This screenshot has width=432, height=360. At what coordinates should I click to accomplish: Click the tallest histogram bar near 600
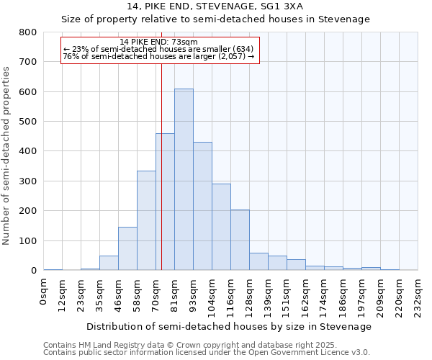click(184, 180)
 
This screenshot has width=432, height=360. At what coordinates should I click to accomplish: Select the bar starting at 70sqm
click(165, 202)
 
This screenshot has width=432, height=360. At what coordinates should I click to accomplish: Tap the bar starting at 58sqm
click(146, 220)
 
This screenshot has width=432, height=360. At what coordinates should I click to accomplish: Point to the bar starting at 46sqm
click(127, 248)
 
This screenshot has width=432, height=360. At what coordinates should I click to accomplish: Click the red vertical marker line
click(161, 144)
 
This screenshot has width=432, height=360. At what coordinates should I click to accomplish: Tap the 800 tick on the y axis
click(28, 32)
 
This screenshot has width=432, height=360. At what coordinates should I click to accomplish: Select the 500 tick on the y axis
click(28, 122)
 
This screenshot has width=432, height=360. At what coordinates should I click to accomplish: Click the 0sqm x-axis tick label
click(44, 292)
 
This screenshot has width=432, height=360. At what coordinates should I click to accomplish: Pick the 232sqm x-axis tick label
click(418, 295)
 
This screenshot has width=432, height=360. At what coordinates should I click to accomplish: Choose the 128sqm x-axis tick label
click(250, 295)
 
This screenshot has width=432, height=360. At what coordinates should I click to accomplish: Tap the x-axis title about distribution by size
click(230, 326)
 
